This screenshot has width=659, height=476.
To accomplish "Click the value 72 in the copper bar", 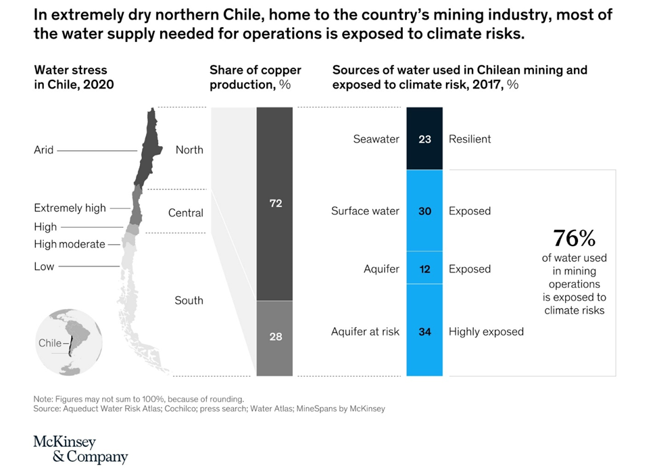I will [x=275, y=203].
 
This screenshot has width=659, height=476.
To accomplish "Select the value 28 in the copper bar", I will [x=275, y=336].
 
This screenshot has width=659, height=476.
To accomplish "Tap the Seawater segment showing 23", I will [x=424, y=139].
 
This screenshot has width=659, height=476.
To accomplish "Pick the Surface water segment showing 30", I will [x=424, y=211].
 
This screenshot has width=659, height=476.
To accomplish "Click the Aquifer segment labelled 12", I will [x=424, y=269].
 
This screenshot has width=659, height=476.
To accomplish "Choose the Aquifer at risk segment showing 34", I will [x=424, y=331].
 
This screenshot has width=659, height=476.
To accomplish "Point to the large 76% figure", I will [x=574, y=238].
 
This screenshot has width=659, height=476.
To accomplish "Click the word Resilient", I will [x=470, y=139].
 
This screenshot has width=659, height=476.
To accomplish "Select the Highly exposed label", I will [x=486, y=331].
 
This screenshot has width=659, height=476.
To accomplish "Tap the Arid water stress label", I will [x=43, y=150].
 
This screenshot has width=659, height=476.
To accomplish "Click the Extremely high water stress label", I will [x=70, y=208].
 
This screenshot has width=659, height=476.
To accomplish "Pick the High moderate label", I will [x=70, y=244].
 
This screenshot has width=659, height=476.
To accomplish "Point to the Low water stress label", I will [x=44, y=266].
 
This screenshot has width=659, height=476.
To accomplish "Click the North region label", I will [x=189, y=150].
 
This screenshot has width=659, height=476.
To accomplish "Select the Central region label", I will [x=186, y=213].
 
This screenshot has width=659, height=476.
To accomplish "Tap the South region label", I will [x=189, y=300].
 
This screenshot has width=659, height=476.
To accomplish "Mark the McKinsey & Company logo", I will [x=80, y=450].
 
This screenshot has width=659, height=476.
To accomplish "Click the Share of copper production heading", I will [x=255, y=77].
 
